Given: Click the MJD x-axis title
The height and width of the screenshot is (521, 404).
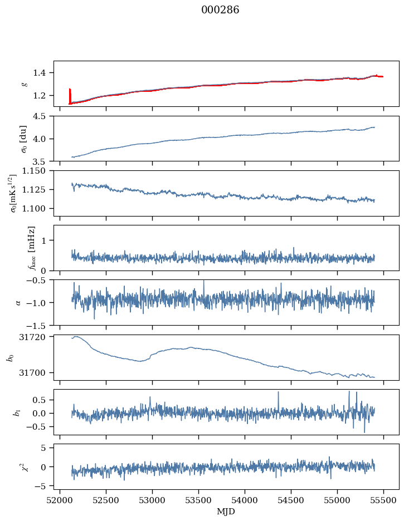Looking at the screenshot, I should coord(226,512).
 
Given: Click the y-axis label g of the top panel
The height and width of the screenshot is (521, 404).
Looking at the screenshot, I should coord(25,83).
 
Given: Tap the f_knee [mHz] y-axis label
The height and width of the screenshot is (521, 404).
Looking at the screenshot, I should coord(31,248).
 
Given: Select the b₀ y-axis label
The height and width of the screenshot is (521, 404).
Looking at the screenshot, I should coord(9,357).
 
